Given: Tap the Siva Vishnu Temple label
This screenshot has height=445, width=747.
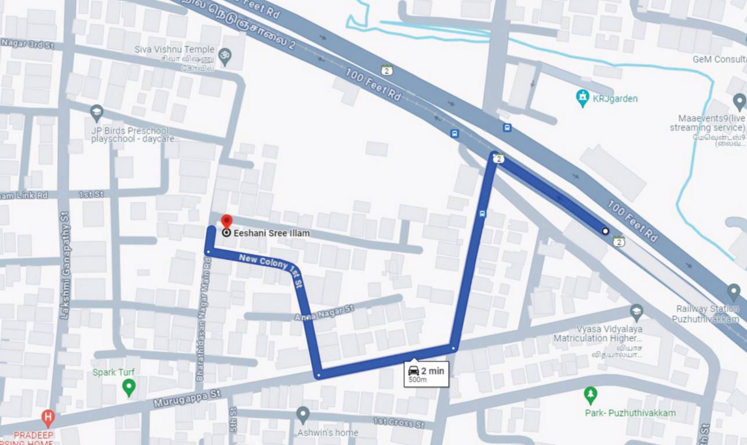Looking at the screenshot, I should click(174, 50).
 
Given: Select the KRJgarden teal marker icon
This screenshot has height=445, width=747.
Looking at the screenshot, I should click(582, 98).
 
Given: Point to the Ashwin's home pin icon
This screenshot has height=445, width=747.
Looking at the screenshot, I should click(303, 414).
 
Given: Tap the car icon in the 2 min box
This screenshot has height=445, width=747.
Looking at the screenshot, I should click(413, 371).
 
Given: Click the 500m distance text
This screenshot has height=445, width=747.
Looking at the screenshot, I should click(417, 380).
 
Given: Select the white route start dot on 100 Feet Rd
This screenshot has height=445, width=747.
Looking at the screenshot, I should click(606, 231).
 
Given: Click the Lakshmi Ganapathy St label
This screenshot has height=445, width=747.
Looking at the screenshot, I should click(64, 264).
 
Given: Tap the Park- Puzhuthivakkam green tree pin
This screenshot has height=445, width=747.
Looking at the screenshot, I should click(591, 395).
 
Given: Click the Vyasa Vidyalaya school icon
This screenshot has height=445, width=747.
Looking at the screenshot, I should click(637, 312).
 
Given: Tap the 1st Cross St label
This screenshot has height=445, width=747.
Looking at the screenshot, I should click(399, 422).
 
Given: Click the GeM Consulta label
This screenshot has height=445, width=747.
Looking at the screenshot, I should click(719, 59).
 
